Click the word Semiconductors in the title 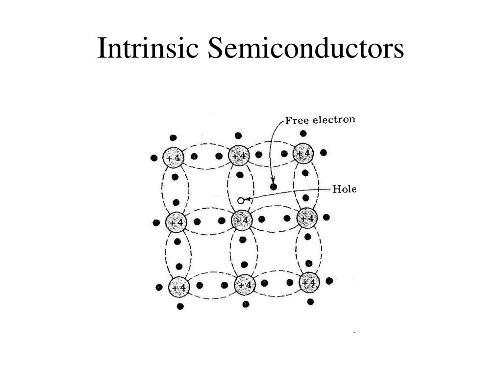coord(306,48)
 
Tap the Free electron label coord(320,120)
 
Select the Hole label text coord(344,189)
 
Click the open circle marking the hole coord(241,201)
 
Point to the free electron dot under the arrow coord(274,187)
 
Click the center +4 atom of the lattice coord(242,220)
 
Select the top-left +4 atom coord(174,158)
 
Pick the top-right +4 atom coord(303,153)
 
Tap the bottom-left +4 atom coord(179,287)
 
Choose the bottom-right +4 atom coord(309,282)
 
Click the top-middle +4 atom coord(239,156)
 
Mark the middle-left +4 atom coord(176,222)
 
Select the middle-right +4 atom coord(307,218)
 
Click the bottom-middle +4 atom coord(245,285)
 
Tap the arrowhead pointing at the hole coord(247,200)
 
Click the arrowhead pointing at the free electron coord(273,180)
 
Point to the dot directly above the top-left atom coord(173,138)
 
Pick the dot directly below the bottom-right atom coord(310,302)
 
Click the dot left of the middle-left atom coord(156,223)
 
